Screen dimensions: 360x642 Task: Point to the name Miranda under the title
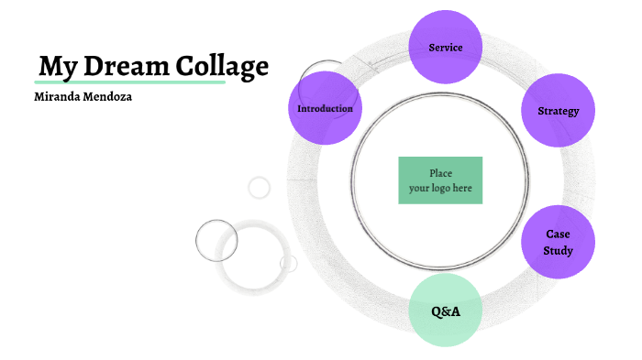58,96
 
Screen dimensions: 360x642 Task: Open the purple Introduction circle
324,109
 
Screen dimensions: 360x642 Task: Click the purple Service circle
445,47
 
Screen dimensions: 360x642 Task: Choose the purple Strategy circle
558,111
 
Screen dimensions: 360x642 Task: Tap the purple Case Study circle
558,242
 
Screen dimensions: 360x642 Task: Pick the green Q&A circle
445,311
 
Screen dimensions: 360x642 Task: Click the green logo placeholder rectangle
440,180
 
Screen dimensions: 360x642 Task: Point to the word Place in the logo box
440,173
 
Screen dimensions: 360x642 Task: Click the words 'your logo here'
440,189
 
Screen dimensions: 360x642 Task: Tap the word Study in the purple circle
558,250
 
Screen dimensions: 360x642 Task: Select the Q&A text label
445,311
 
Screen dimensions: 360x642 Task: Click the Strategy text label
558,111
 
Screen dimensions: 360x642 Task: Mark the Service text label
445,47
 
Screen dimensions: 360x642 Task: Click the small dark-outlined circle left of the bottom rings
216,241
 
